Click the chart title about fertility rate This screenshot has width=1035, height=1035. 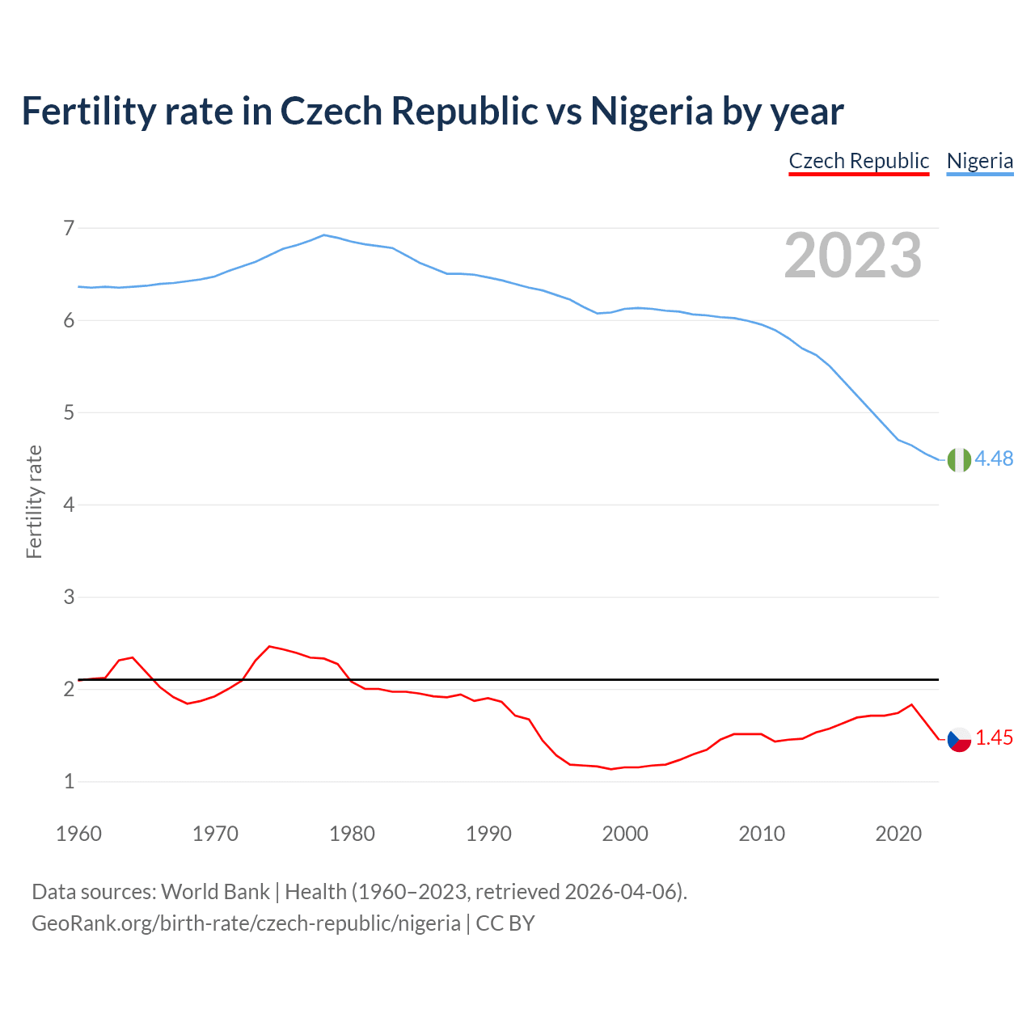(433, 111)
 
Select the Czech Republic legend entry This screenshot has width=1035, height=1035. (859, 161)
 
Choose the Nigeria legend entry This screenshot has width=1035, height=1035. (979, 161)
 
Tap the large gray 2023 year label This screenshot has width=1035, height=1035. (853, 256)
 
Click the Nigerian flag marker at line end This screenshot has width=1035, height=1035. (958, 459)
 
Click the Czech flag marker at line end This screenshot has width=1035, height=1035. (959, 739)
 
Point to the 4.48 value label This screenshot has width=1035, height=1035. (994, 458)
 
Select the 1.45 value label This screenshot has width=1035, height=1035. (994, 737)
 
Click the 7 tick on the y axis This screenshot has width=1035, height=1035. (69, 228)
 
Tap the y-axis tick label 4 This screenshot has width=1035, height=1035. (69, 505)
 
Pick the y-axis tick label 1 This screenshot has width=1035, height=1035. (69, 782)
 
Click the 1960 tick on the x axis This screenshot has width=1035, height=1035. (78, 834)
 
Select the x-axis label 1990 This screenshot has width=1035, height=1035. (488, 834)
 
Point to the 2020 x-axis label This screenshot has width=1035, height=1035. (898, 834)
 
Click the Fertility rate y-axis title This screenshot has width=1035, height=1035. (34, 501)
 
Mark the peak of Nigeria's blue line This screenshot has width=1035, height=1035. (324, 235)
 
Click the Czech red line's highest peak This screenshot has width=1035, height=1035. (269, 646)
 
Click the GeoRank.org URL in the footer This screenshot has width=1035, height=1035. (246, 923)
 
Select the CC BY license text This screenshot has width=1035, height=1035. (505, 923)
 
